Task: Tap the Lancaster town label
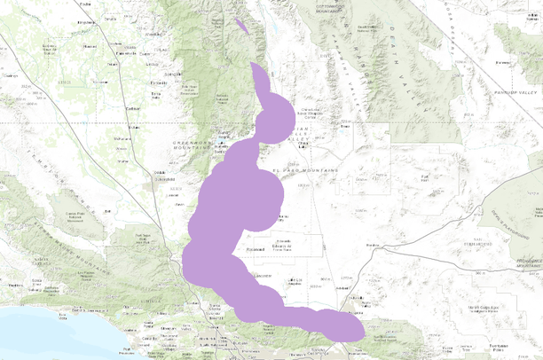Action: click(x=263, y=276)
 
